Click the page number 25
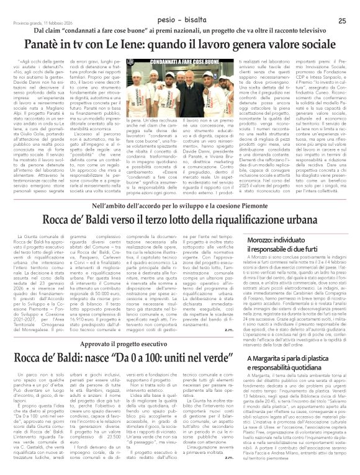coord(341,4)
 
